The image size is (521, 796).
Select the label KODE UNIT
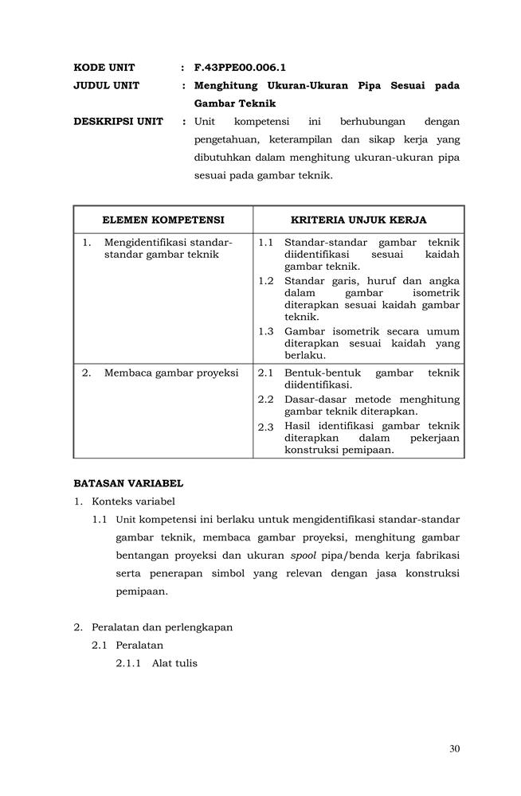[104, 68]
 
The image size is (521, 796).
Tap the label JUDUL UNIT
[106, 85]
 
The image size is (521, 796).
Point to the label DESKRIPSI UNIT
[118, 122]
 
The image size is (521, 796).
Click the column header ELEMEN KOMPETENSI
[163, 220]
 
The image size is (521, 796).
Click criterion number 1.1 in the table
[266, 242]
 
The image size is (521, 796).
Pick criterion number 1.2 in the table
[266, 281]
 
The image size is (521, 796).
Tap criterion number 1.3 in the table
[266, 331]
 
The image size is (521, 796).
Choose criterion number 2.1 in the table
[266, 373]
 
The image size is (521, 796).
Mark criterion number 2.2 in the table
[266, 399]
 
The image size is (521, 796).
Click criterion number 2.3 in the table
[266, 427]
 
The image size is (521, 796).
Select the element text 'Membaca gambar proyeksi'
[171, 373]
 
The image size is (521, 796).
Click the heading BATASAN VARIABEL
[128, 482]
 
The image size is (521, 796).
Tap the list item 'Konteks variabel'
[133, 501]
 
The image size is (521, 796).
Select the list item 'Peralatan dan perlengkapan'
[162, 626]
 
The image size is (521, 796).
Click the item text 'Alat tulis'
[174, 663]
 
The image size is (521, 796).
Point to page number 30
[454, 747]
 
